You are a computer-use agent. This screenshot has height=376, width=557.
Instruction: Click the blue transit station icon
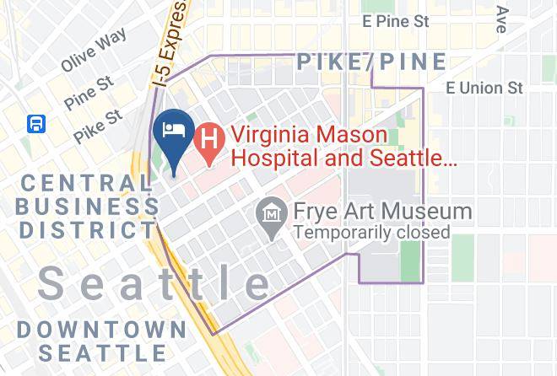coord(36,124)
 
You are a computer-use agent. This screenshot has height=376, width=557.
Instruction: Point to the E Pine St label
coord(394,21)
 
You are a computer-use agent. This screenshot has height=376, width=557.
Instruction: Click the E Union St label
coord(484,88)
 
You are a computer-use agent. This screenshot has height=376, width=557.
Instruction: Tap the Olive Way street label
coord(94,50)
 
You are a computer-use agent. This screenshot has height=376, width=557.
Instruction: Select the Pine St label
coord(89,92)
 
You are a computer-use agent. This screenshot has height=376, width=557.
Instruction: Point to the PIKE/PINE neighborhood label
coord(370,62)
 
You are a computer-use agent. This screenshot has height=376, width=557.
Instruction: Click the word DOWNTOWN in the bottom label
coord(100,329)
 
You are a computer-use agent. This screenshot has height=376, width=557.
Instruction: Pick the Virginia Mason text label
coord(310,135)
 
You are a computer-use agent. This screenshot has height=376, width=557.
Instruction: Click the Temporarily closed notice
coord(371,231)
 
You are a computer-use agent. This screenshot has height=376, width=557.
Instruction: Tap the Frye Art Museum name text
coord(381,211)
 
